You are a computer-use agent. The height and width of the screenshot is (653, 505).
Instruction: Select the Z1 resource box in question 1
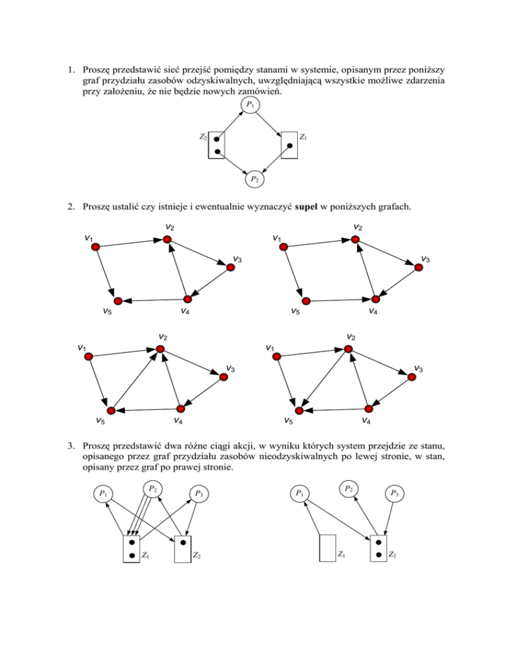coord(289,145)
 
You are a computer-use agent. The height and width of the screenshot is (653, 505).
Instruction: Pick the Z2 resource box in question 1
coord(216,145)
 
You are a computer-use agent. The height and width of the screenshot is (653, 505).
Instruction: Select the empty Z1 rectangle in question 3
coord(327,548)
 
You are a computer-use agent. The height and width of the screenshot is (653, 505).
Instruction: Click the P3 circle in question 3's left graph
coord(198,493)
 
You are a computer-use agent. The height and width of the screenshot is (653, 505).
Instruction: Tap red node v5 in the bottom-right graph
coord(298,411)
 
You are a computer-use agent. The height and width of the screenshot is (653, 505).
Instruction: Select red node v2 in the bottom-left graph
coord(160,349)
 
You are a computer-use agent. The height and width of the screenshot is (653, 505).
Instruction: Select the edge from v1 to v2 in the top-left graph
coord(131,243)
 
